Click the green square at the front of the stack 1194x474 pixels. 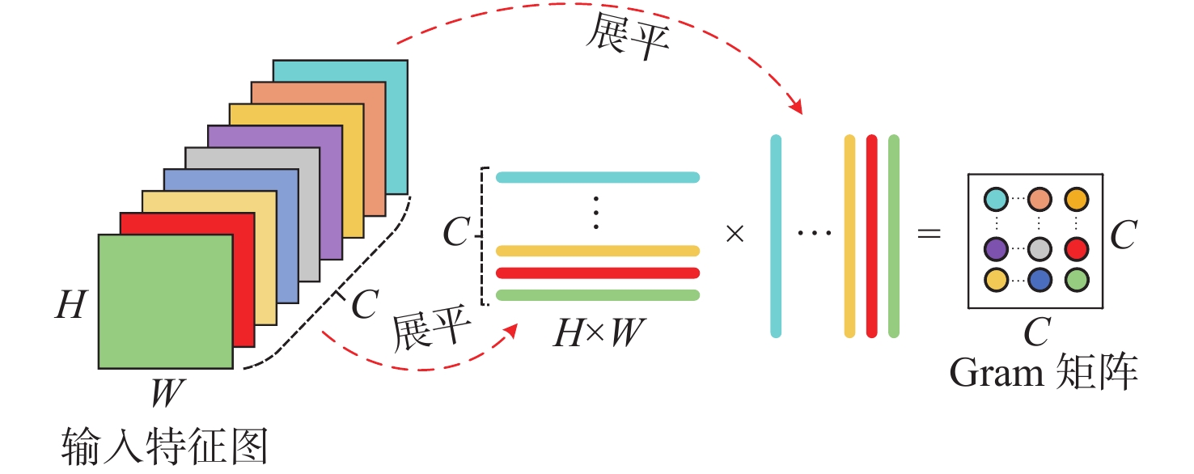pyautogui.click(x=165, y=301)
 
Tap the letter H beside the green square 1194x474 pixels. pyautogui.click(x=70, y=306)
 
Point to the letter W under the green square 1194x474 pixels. pyautogui.click(x=168, y=395)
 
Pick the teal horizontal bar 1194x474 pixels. pyautogui.click(x=597, y=177)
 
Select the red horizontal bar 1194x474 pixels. pyautogui.click(x=597, y=273)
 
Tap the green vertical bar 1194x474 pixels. pyautogui.click(x=894, y=235)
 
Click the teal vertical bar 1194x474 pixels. pyautogui.click(x=776, y=235)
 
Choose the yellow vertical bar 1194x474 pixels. pyautogui.click(x=849, y=235)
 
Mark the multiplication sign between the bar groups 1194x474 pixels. pyautogui.click(x=735, y=235)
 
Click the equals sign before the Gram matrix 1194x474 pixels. pyautogui.click(x=929, y=235)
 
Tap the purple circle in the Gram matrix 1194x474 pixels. pyautogui.click(x=997, y=248)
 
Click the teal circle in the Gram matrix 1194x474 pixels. pyautogui.click(x=997, y=199)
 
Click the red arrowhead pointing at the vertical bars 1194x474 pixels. pyautogui.click(x=797, y=108)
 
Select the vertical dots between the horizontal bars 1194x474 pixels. pyautogui.click(x=596, y=211)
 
